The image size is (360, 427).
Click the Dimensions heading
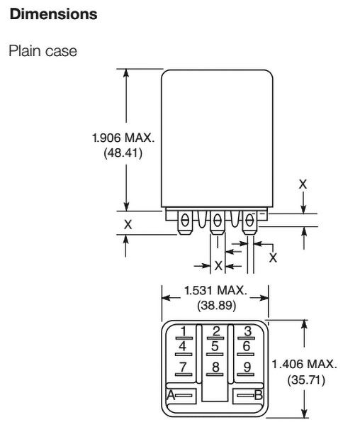[53, 14]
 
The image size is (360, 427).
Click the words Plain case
[43, 51]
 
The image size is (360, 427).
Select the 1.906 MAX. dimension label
[123, 138]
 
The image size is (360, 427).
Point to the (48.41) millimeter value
[123, 152]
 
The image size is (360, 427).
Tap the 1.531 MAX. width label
[215, 290]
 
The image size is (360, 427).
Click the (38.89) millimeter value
[217, 305]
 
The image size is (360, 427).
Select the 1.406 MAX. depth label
[304, 364]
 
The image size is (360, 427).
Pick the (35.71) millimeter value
[306, 379]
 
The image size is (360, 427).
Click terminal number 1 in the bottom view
[184, 331]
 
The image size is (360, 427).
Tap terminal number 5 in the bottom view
[215, 346]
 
